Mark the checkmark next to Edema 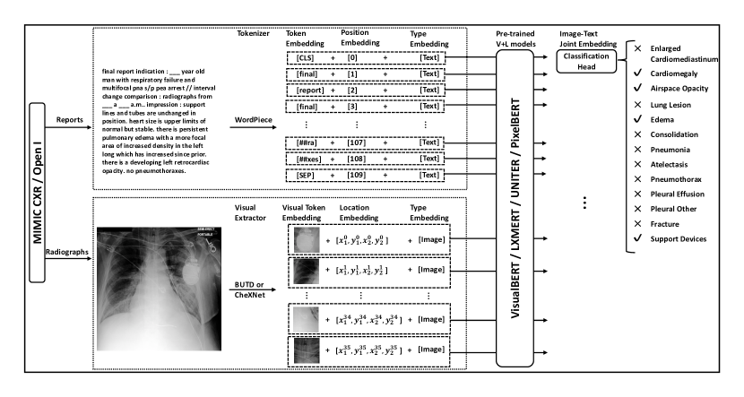(637, 126)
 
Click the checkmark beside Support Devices (637, 237)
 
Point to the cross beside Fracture (637, 223)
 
